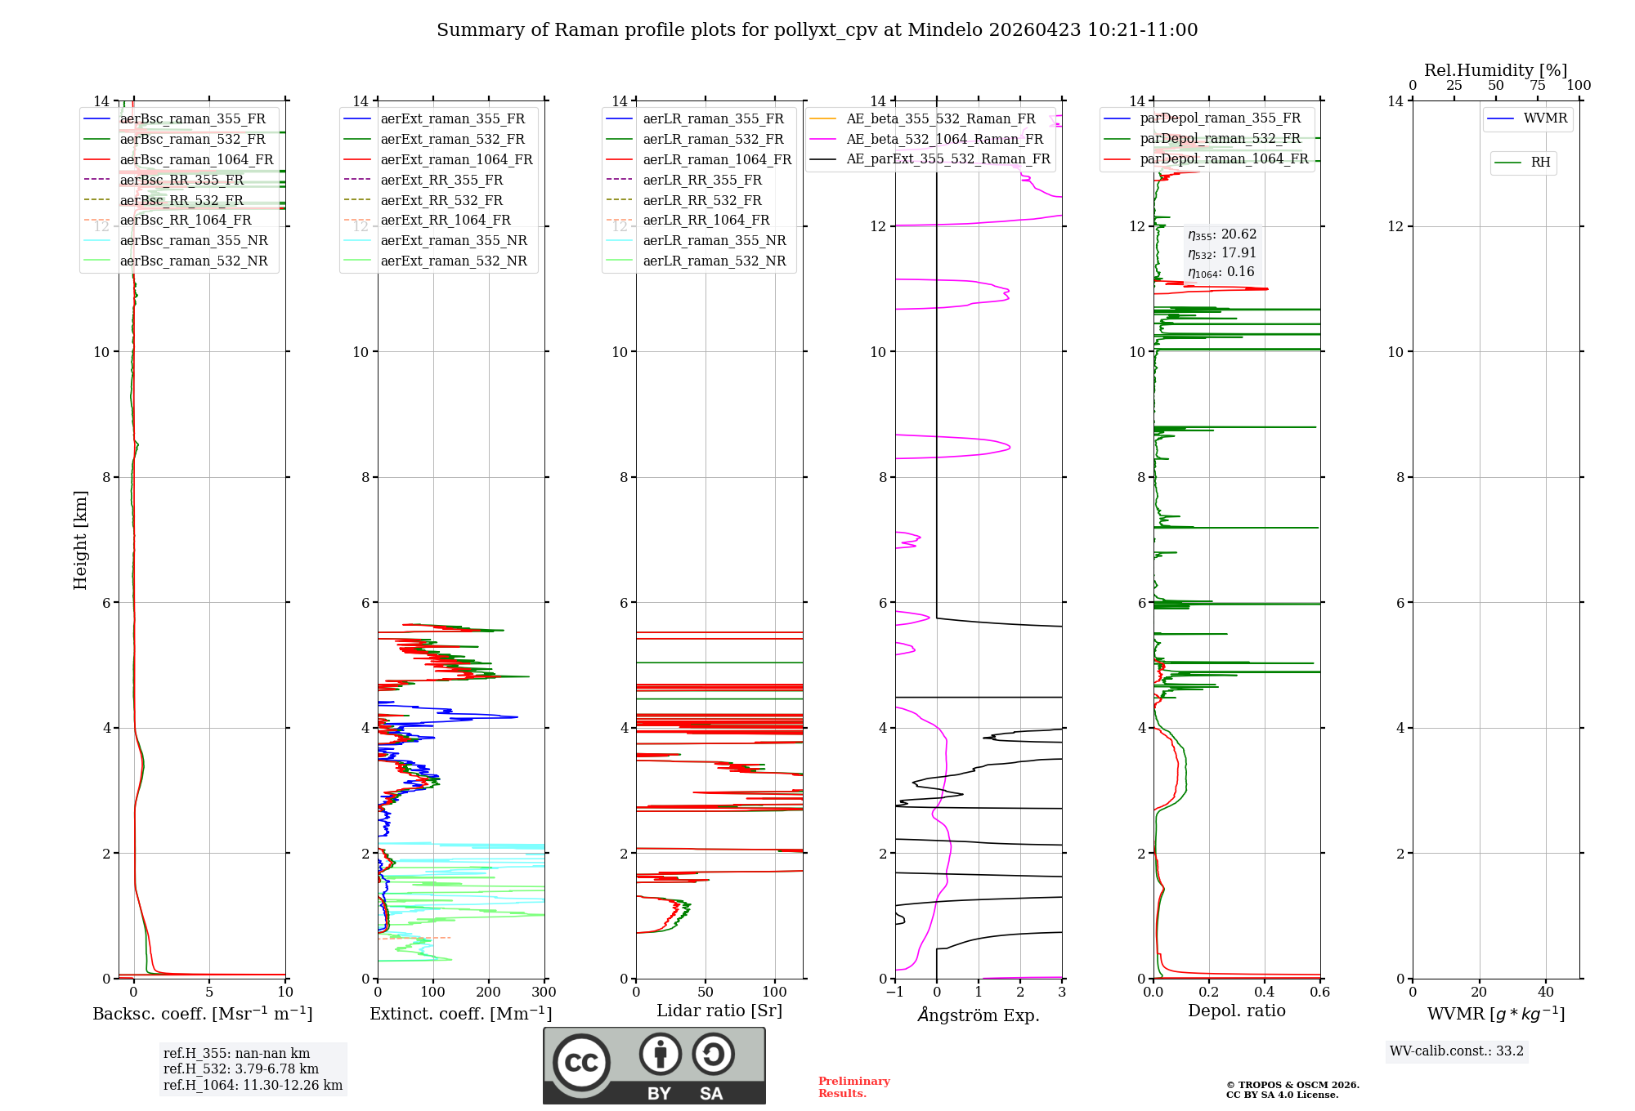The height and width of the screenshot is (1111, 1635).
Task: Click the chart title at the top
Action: [x=817, y=30]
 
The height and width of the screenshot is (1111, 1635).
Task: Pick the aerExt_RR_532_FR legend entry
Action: [x=441, y=200]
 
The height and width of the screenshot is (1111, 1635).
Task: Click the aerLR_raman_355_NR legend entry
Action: [x=714, y=240]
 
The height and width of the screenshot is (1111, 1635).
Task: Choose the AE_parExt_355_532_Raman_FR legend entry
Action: [x=947, y=158]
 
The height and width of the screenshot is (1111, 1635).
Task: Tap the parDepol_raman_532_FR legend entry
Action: [x=1220, y=138]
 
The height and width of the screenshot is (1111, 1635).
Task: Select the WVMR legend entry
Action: [x=1545, y=118]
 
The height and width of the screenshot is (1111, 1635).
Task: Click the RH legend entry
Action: [x=1540, y=163]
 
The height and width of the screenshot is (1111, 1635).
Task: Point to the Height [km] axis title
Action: [x=80, y=539]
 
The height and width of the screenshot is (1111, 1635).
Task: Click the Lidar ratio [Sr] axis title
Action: [x=719, y=1011]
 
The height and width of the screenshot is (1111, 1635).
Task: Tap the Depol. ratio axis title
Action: [x=1236, y=1011]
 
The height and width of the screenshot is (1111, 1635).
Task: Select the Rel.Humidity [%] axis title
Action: [x=1495, y=70]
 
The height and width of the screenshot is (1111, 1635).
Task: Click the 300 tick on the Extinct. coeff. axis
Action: [x=544, y=992]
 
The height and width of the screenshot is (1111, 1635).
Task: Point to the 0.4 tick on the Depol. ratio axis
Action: [x=1265, y=992]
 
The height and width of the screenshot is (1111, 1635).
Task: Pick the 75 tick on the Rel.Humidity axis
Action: [x=1537, y=86]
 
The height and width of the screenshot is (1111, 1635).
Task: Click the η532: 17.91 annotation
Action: [x=1221, y=253]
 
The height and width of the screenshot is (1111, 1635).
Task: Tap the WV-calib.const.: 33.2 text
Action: [x=1457, y=1051]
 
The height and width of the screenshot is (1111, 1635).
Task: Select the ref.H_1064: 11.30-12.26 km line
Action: [x=253, y=1085]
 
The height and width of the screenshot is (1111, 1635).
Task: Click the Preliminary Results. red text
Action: [x=853, y=1086]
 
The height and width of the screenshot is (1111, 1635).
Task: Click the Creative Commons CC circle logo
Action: [x=581, y=1062]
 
